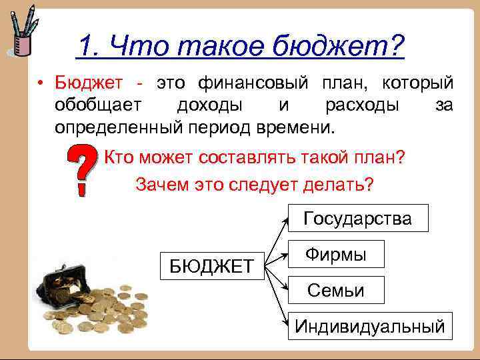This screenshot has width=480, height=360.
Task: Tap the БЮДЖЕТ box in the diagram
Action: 211,267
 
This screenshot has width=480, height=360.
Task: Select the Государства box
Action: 357,219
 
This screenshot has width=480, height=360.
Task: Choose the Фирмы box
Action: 336,254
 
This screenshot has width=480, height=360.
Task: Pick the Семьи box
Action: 336,290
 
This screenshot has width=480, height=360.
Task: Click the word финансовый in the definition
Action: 253,83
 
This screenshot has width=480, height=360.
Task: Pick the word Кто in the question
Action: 120,159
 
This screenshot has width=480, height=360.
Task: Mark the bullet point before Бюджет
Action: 41,85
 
